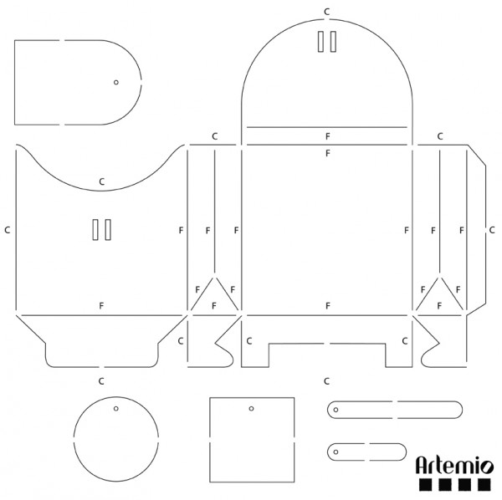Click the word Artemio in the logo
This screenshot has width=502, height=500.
[x=454, y=462]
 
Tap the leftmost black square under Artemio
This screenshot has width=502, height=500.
[x=425, y=484]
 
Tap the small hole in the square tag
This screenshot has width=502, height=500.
[x=251, y=409]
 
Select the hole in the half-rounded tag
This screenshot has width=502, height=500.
[x=116, y=82]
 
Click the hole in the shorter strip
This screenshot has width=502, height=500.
[x=336, y=451]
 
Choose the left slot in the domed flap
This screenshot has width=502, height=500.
[x=320, y=42]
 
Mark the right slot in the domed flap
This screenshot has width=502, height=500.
[x=333, y=42]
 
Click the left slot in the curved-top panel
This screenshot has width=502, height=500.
[x=96, y=231]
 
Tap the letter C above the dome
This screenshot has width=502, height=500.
[x=327, y=11]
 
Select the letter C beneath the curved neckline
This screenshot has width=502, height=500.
[x=101, y=181]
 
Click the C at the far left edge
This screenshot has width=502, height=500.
[x=7, y=228]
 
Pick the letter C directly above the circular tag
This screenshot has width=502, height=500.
[x=101, y=380]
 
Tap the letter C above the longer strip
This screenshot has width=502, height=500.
[x=327, y=380]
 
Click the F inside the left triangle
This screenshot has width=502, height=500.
[x=214, y=305]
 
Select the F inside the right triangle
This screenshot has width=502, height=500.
[x=440, y=305]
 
